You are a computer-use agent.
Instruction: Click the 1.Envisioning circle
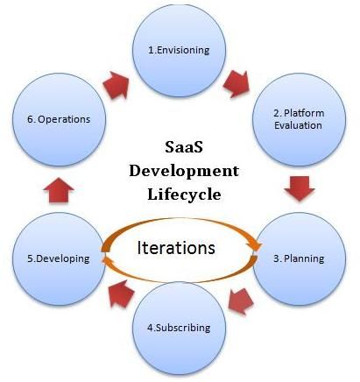[179, 50]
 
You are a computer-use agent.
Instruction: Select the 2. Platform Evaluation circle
[299, 119]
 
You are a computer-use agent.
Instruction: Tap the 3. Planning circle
[299, 258]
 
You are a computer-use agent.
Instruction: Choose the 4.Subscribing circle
[179, 328]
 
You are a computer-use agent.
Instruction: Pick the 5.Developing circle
[59, 258]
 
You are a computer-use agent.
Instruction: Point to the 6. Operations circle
[59, 119]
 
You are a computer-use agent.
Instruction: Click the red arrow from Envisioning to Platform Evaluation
[236, 83]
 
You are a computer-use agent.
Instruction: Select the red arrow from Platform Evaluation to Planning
[300, 188]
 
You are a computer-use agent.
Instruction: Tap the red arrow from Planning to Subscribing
[240, 301]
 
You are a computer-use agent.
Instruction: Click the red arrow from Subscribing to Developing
[120, 294]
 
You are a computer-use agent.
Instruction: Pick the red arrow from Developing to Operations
[59, 190]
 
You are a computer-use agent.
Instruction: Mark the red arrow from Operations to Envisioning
[116, 85]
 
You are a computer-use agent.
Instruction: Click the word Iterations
[176, 248]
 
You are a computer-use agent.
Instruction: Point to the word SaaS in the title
[184, 147]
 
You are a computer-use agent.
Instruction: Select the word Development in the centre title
[184, 171]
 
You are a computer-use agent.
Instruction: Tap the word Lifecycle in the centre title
[184, 195]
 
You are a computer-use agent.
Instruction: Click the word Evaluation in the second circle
[298, 125]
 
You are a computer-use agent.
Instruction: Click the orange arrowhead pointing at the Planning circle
[257, 246]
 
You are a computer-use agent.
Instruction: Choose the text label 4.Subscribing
[179, 328]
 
